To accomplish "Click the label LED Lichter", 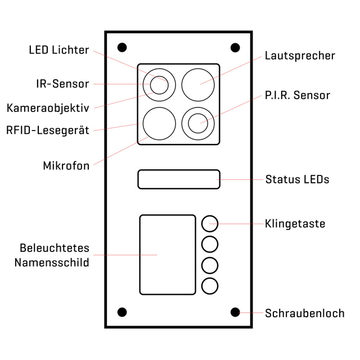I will click(x=58, y=50).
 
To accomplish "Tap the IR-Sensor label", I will click(x=62, y=84).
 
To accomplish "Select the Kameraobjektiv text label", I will click(x=48, y=107).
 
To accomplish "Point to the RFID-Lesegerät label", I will click(x=47, y=130).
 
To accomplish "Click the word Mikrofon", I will click(x=66, y=166).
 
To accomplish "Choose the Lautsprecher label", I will click(x=300, y=56).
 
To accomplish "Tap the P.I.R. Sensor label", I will click(x=297, y=95).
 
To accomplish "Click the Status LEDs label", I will click(x=297, y=180).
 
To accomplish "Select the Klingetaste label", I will click(x=295, y=224).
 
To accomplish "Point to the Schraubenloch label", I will click(x=304, y=313).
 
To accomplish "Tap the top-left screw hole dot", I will click(x=122, y=47).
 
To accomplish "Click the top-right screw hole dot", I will click(x=235, y=47).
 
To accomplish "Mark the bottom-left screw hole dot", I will click(x=122, y=312).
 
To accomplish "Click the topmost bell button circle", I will click(x=209, y=223).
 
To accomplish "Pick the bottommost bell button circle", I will click(x=209, y=285).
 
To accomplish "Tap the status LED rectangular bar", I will click(x=178, y=179).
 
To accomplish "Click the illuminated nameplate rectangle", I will click(x=168, y=254).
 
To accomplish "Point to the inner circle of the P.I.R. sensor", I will click(x=198, y=123).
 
